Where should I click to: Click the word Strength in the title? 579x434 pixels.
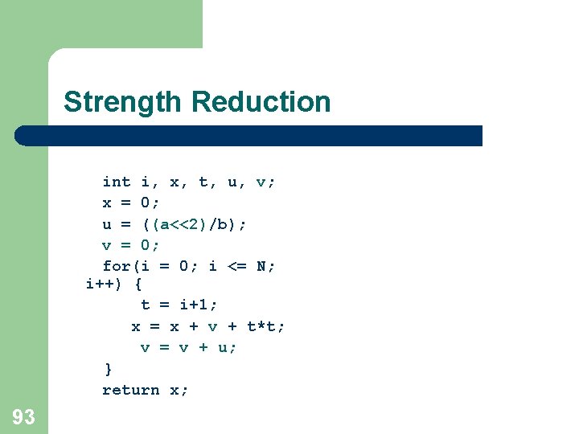coord(124,102)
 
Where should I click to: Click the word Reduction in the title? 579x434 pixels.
coord(261,102)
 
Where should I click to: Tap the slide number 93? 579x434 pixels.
coord(23,416)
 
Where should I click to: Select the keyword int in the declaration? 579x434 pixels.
coord(117,182)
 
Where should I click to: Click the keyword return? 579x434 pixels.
coord(131,390)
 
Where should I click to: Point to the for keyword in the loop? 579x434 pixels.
coord(117,265)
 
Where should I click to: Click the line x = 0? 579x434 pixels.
coord(131,203)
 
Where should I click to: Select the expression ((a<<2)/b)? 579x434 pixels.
coord(195,223)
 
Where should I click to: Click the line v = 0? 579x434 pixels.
coord(131,244)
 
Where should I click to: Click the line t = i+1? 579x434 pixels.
coord(179,305)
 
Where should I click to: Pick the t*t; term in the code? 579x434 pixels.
coord(265,325)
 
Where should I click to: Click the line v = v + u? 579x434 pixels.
coord(189,347)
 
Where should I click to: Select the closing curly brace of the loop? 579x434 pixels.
coord(109,369)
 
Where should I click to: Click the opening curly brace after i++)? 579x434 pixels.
coord(138,284)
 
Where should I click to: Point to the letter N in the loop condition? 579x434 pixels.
coord(261,265)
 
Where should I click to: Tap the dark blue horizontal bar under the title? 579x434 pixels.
coord(249,135)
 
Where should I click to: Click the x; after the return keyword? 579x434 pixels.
coord(179,390)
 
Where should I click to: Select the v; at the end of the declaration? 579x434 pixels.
coord(265,182)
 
